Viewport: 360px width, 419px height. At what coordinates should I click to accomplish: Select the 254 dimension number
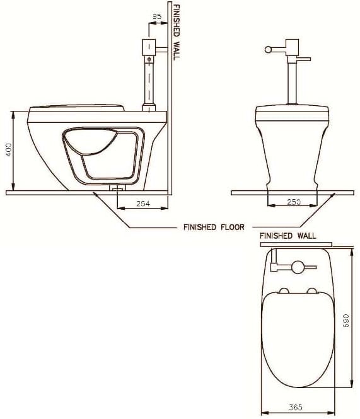pyautogui.click(x=143, y=204)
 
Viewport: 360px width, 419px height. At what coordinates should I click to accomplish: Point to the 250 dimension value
pyautogui.click(x=294, y=202)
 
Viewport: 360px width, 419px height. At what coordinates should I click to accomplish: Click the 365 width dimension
pyautogui.click(x=294, y=408)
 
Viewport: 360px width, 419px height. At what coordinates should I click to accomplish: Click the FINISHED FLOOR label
pyautogui.click(x=208, y=227)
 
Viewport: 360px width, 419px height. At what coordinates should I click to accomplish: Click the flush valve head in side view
pyautogui.click(x=150, y=47)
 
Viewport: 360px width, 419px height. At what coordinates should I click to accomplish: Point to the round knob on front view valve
pyautogui.click(x=267, y=49)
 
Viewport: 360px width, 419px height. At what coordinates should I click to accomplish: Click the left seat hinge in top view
pyautogui.click(x=284, y=290)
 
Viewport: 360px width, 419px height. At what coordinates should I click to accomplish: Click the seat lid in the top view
pyautogui.click(x=296, y=340)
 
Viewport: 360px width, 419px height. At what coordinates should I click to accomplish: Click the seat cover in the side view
pyautogui.click(x=76, y=105)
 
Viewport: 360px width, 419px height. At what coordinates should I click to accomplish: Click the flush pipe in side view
pyautogui.click(x=150, y=82)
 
